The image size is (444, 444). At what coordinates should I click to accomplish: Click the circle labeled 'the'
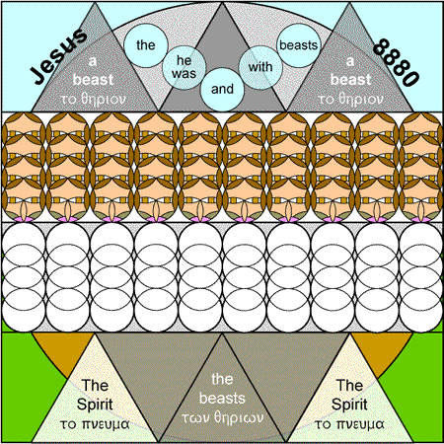[x=146, y=45]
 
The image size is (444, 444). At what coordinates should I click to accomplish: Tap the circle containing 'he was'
[x=185, y=67]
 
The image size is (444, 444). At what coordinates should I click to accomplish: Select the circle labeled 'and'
[x=222, y=90]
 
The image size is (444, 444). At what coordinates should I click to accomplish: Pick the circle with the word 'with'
[x=260, y=67]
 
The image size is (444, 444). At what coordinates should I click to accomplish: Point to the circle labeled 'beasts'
[x=299, y=45]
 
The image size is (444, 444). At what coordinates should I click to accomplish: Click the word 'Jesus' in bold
[x=58, y=56]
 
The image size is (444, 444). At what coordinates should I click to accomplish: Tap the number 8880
[x=397, y=62]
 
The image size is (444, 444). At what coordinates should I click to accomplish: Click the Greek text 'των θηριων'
[x=222, y=417]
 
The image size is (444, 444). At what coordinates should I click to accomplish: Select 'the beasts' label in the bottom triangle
[x=222, y=389]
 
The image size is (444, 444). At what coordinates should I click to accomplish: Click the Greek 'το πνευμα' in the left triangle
[x=95, y=424]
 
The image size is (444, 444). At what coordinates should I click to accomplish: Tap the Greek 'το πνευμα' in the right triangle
[x=349, y=424]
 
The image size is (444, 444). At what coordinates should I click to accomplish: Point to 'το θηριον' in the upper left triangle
[x=94, y=99]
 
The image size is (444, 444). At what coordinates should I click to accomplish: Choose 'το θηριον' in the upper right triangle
[x=350, y=99]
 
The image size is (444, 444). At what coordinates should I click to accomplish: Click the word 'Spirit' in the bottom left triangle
[x=95, y=405]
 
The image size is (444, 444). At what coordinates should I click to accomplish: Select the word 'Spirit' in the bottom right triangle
[x=349, y=405]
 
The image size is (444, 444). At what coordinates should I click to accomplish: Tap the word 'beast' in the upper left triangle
[x=94, y=80]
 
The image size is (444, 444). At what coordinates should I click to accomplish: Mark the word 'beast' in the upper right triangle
[x=350, y=80]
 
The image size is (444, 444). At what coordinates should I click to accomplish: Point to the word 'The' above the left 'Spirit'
[x=95, y=385]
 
